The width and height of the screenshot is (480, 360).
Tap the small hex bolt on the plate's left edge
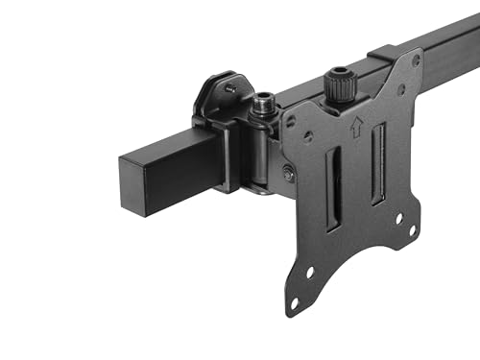point(288,172)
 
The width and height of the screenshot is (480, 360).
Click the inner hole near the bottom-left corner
point(310,273)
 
